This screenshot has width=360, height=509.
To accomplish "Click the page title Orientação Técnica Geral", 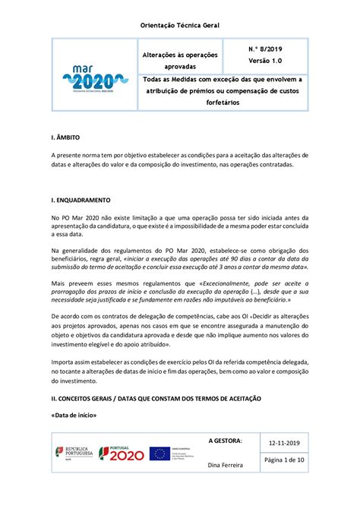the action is point(180,25).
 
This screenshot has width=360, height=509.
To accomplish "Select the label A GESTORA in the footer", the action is point(226,441).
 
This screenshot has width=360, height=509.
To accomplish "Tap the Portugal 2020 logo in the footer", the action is point(119,454).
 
